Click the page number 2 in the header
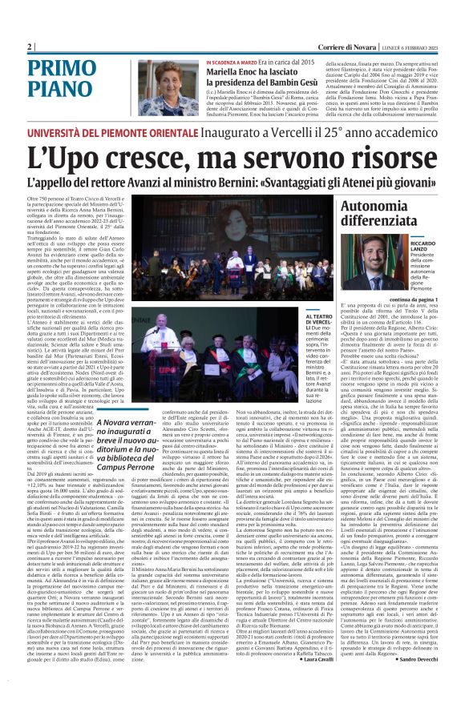pos(29,46)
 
